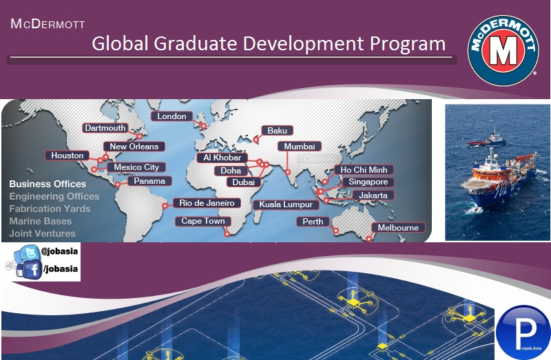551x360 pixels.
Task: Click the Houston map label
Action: click(x=67, y=156)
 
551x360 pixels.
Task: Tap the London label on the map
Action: click(x=172, y=116)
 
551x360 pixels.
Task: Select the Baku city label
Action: click(x=277, y=130)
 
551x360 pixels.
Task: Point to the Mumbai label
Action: click(x=300, y=147)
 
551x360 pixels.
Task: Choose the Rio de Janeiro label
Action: click(x=207, y=203)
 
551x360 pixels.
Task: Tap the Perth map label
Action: click(x=313, y=222)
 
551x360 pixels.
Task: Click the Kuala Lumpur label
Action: click(x=286, y=204)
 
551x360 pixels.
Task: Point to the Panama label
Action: click(x=149, y=181)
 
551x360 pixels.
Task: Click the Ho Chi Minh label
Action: click(x=363, y=169)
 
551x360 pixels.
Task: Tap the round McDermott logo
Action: click(x=503, y=52)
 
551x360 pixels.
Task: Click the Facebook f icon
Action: click(x=32, y=270)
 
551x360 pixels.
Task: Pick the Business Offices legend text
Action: click(x=48, y=184)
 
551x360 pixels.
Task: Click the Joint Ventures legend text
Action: click(x=43, y=234)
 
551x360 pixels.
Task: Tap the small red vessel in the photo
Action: click(x=481, y=142)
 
